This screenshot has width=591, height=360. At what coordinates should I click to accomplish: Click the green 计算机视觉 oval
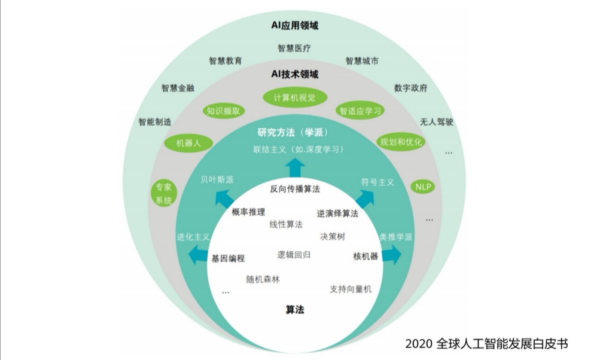pyautogui.click(x=295, y=98)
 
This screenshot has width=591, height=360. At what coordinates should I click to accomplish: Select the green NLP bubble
pyautogui.click(x=423, y=187)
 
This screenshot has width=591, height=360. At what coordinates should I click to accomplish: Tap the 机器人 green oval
pyautogui.click(x=189, y=143)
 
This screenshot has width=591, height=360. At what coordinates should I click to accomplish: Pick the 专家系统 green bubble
pyautogui.click(x=164, y=194)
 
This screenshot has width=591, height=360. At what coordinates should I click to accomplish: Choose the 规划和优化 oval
pyautogui.click(x=401, y=142)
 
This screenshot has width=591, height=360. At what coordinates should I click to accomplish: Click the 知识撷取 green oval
pyautogui.click(x=223, y=111)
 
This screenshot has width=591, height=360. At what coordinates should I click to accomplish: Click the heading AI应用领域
pyautogui.click(x=295, y=26)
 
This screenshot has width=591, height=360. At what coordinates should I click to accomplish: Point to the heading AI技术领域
pyautogui.click(x=295, y=74)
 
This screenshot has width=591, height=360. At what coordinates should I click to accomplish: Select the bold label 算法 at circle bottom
pyautogui.click(x=295, y=309)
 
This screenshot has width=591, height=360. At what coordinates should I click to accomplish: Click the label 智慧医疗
pyautogui.click(x=294, y=48)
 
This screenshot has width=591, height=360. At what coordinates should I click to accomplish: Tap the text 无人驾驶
pyautogui.click(x=436, y=122)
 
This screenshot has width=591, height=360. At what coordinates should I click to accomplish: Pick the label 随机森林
pyautogui.click(x=263, y=279)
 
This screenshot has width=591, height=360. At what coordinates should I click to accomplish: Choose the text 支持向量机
pyautogui.click(x=350, y=289)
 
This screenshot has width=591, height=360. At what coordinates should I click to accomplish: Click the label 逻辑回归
pyautogui.click(x=294, y=255)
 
